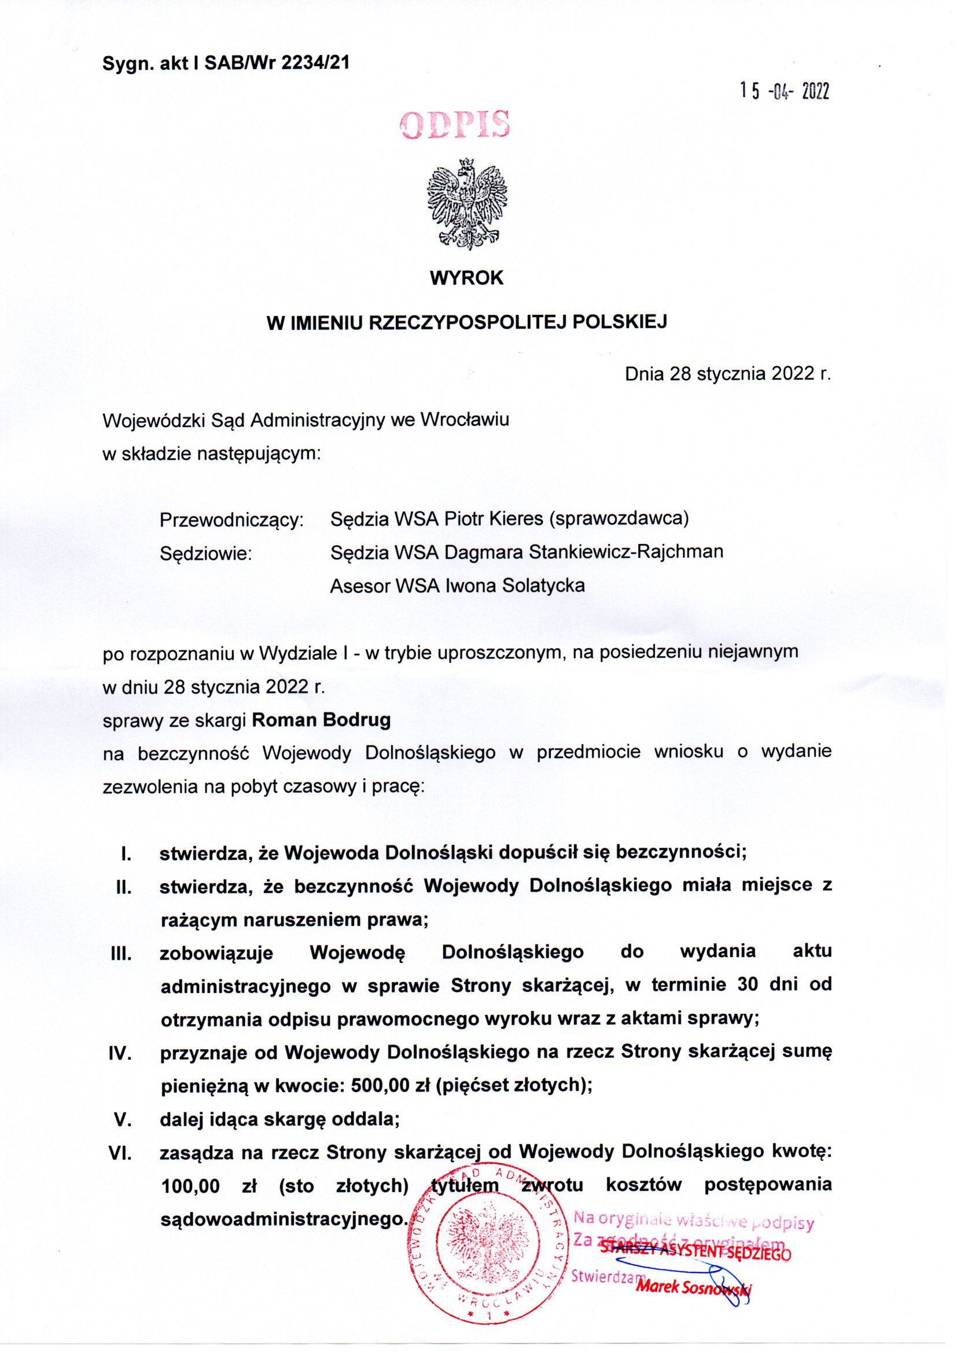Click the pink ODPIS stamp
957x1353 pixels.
click(454, 126)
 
